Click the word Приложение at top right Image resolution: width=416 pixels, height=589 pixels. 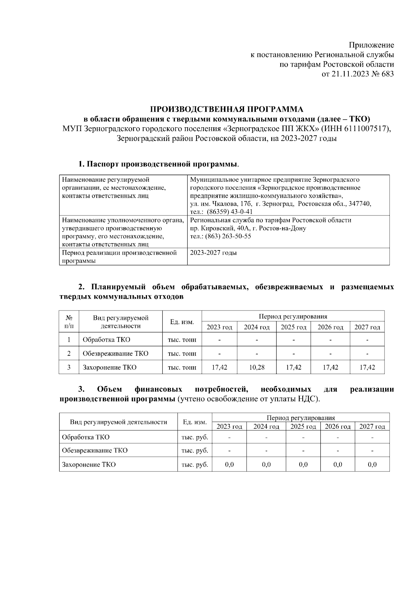point(371,45)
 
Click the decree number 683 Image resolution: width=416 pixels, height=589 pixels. point(387,74)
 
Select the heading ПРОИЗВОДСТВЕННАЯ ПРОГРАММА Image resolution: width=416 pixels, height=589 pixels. point(226,110)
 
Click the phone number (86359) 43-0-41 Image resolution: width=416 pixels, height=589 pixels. point(230,212)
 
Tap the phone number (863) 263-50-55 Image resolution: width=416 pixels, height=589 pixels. point(228,236)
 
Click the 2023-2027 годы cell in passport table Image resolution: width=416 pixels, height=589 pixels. point(214,253)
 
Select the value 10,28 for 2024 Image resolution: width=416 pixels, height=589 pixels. point(257,367)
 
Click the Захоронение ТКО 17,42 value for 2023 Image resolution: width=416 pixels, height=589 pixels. point(219,367)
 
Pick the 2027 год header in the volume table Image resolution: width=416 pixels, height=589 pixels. point(367,327)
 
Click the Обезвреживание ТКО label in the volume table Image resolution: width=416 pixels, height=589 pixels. point(115,353)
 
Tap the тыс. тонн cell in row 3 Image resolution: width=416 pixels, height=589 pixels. point(182,367)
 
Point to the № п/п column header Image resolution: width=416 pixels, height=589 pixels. point(69,322)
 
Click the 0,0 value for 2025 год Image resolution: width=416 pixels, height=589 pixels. point(303,464)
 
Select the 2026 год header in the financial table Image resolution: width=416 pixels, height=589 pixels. point(338,426)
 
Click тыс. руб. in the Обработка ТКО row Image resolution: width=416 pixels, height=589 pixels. point(195,437)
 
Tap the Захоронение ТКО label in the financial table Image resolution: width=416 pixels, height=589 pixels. point(89,464)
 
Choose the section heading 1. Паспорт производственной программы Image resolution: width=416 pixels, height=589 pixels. point(158,164)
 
